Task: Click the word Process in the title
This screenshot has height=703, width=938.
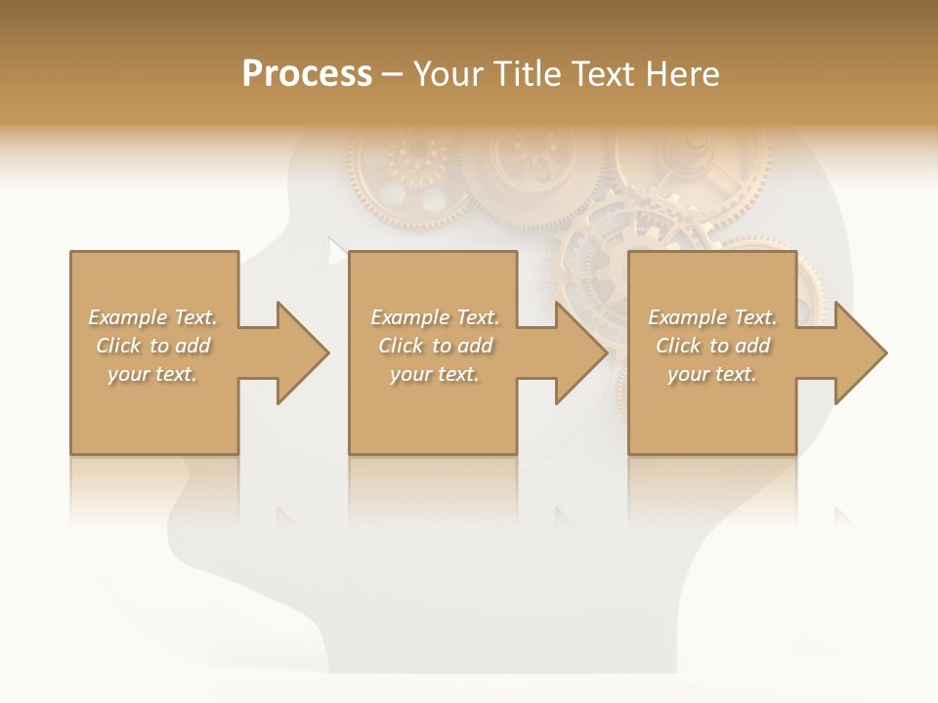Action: (307, 74)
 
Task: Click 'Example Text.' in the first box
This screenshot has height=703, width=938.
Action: (152, 317)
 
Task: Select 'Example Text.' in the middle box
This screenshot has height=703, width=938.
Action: (435, 317)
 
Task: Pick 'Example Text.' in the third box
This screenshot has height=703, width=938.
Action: (712, 317)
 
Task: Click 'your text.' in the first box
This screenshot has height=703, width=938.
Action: (152, 374)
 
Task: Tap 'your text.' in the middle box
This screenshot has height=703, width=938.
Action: (435, 374)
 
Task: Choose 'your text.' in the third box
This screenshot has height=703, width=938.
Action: (712, 374)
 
